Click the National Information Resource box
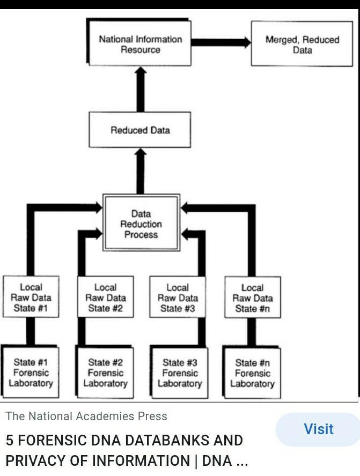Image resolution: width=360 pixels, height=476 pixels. pos(141,44)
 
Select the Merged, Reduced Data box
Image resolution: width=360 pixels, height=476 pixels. pos(302,44)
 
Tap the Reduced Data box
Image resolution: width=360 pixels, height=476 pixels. pos(140,130)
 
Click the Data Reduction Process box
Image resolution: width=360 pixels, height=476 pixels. pos(141,224)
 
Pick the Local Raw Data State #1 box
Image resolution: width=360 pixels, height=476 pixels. pos(31,297)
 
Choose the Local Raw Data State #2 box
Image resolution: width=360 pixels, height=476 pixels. pos(105,297)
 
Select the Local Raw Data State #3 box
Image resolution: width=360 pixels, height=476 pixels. pos(178,297)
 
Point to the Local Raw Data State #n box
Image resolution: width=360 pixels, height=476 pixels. pos(252,298)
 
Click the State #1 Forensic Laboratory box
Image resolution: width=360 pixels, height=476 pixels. pos(31,373)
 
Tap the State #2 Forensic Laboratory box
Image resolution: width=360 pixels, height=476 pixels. pos(105,373)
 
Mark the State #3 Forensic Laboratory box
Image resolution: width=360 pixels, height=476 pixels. pos(180,373)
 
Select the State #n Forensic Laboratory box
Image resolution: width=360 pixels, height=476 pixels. pos(252,373)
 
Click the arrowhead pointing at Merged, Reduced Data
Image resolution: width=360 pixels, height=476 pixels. pos(246,42)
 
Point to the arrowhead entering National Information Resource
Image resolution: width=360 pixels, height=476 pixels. pos(141,71)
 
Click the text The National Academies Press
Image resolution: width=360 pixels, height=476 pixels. pos(86,416)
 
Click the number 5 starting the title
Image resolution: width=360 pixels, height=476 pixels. pos(10,440)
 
